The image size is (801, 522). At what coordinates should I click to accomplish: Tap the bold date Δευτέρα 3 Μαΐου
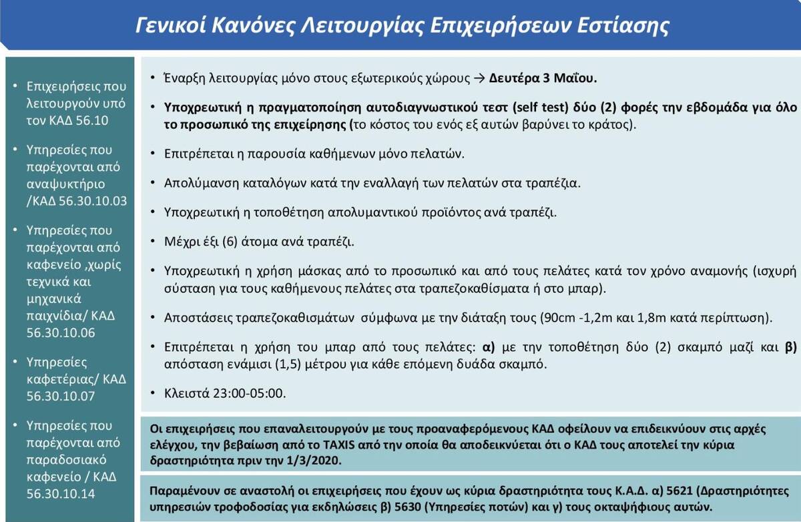click(x=543, y=77)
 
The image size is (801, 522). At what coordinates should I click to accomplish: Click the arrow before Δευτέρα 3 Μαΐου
click(x=479, y=77)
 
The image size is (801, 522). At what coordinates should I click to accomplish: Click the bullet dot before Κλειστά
click(x=155, y=393)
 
